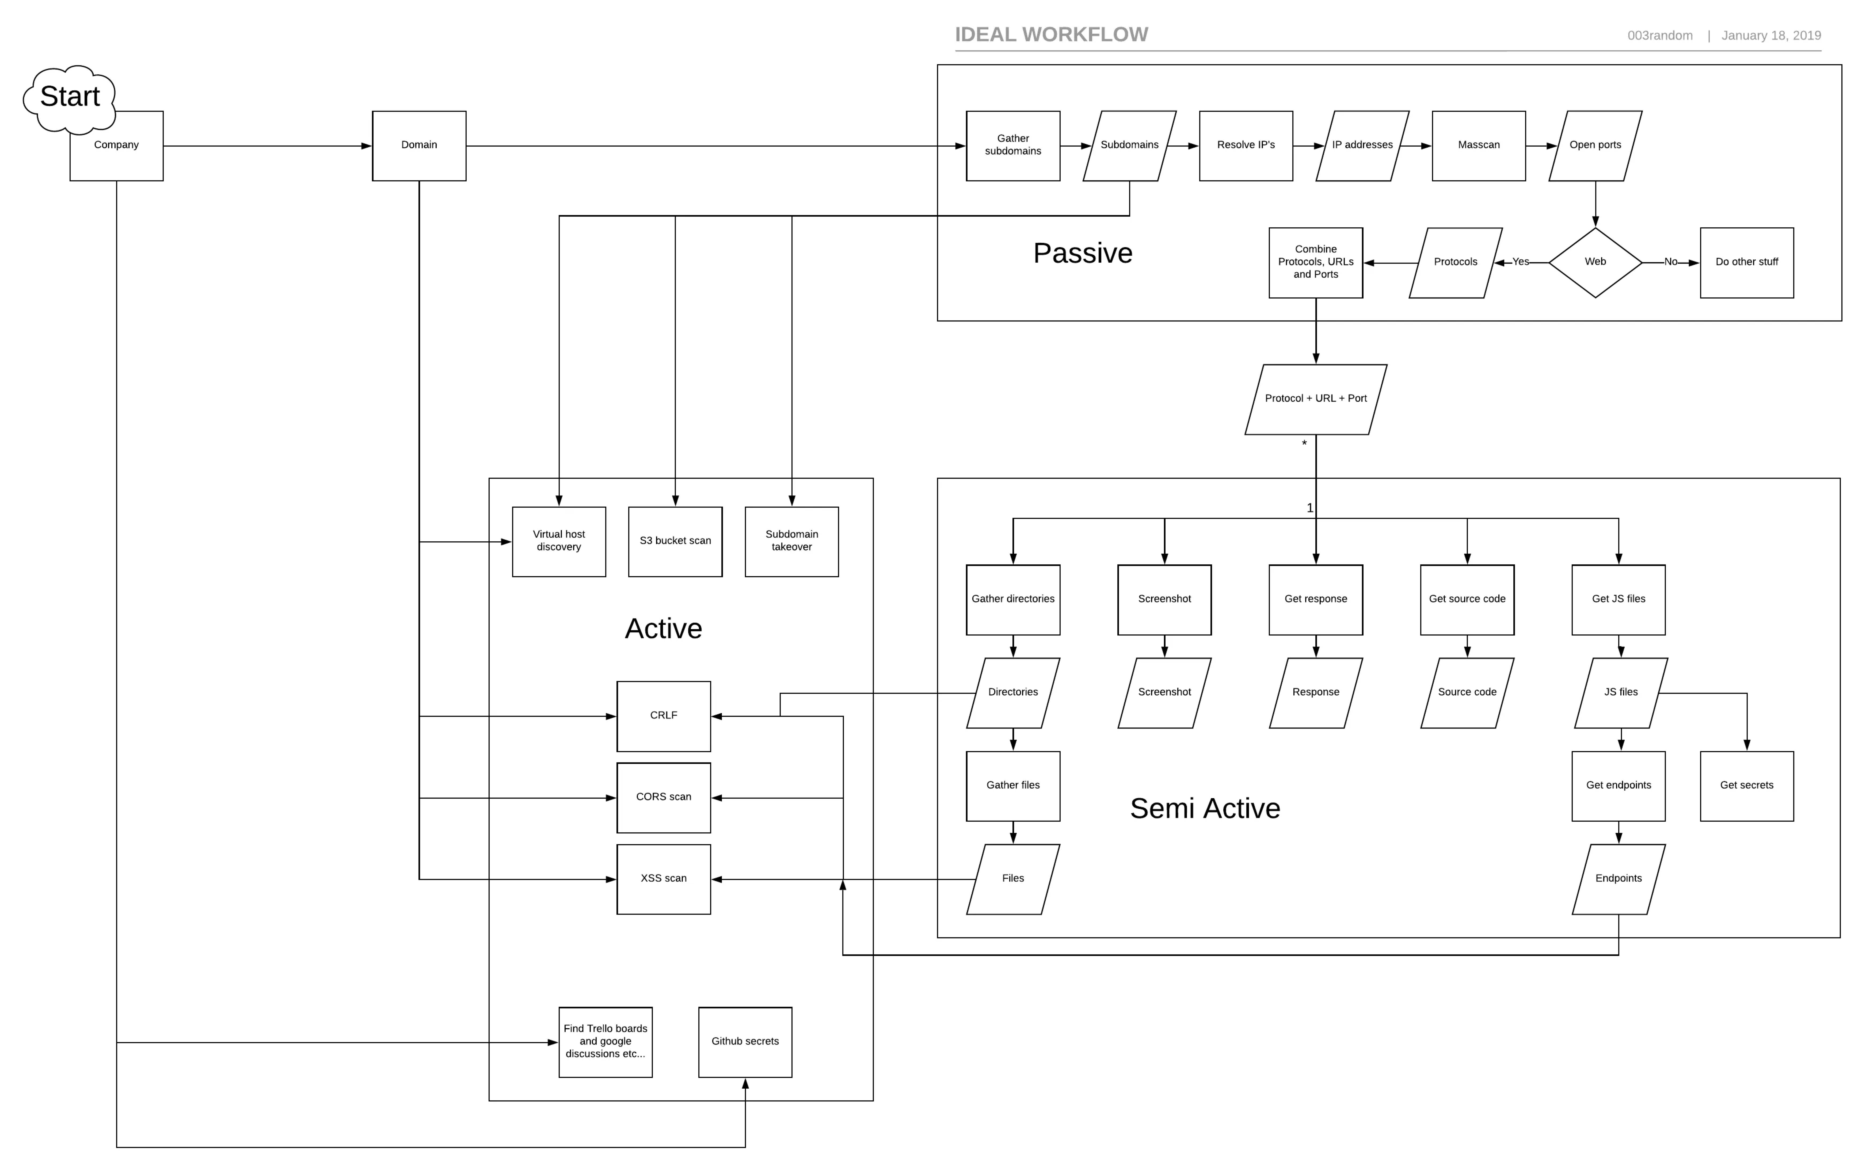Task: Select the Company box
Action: tap(116, 146)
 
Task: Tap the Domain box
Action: tap(419, 146)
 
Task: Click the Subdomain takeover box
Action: tap(792, 541)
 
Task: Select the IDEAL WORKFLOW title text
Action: tap(1051, 35)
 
